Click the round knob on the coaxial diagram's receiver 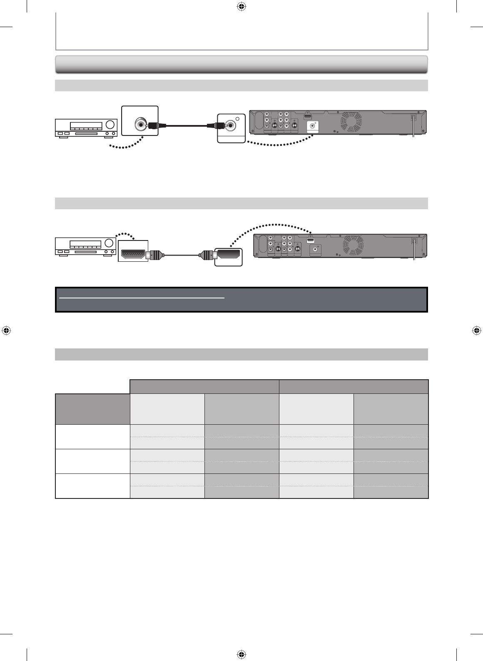click(110, 125)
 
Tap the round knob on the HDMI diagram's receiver click(110, 243)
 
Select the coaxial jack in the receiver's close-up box click(140, 124)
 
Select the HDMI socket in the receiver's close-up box click(133, 253)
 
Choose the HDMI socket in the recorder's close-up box click(228, 253)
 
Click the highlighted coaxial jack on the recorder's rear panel click(313, 126)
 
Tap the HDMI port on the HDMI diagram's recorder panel click(310, 240)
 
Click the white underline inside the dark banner click(142, 298)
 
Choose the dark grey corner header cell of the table click(92, 409)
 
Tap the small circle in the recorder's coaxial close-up click(237, 119)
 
